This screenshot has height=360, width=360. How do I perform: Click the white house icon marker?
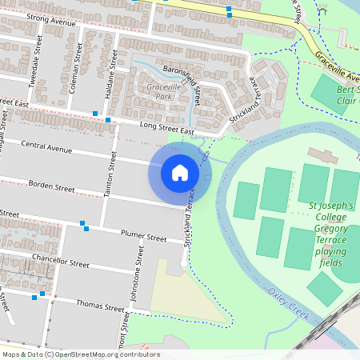[179, 173]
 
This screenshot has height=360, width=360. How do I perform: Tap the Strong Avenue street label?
[51, 19]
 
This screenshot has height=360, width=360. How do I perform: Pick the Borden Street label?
[53, 186]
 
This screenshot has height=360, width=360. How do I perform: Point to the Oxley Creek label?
[289, 302]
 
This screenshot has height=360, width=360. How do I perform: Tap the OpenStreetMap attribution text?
[81, 354]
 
